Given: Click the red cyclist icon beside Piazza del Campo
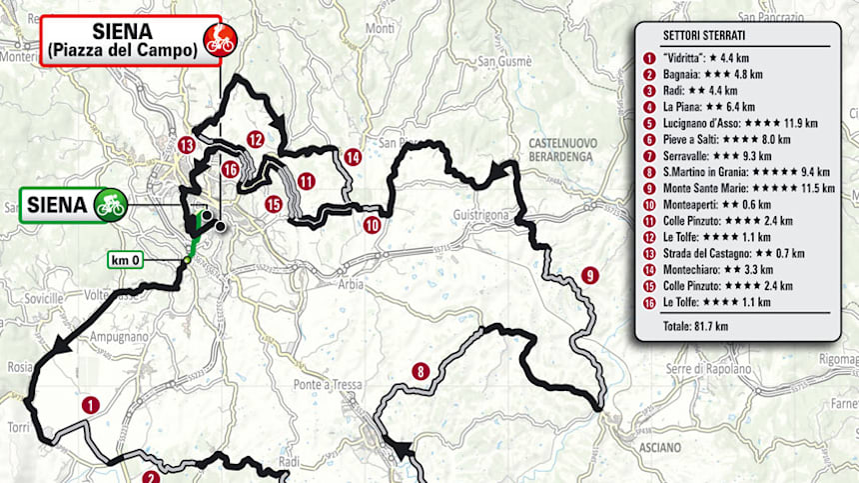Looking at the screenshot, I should point(219,41).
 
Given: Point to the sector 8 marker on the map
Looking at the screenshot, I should point(422,372).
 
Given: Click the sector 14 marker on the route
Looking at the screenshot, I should point(352,157).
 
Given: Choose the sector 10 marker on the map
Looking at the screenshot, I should point(371,225).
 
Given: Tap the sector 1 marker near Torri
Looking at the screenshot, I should point(91,405).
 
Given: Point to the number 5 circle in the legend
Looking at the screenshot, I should point(648,124).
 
